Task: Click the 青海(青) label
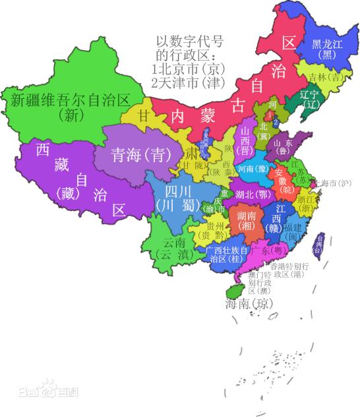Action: [x=136, y=156]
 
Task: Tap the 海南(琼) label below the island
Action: [x=248, y=304]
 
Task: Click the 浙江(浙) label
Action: [x=306, y=202]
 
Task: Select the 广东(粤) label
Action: [x=267, y=252]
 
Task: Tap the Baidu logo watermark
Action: [x=57, y=390]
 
